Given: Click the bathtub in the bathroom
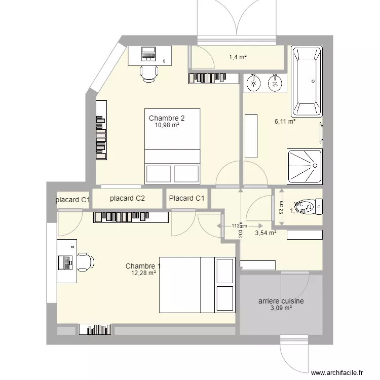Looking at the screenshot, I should pyautogui.click(x=306, y=81).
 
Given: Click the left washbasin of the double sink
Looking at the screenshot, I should pyautogui.click(x=253, y=83).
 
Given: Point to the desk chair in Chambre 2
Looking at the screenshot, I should pyautogui.click(x=148, y=73).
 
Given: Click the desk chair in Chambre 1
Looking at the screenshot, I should pyautogui.click(x=84, y=262).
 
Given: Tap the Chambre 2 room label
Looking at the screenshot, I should pyautogui.click(x=163, y=118).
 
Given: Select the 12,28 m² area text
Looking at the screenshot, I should pyautogui.click(x=143, y=273).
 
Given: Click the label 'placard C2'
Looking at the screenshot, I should pyautogui.click(x=127, y=199).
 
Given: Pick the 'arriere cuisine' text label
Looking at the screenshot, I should pyautogui.click(x=281, y=300).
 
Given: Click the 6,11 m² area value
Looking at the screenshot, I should pyautogui.click(x=285, y=121).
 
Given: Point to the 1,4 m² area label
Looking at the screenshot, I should pyautogui.click(x=238, y=57).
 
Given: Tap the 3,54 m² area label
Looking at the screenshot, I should pyautogui.click(x=265, y=233).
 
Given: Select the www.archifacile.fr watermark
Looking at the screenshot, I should pyautogui.click(x=337, y=372).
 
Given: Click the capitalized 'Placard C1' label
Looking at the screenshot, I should pyautogui.click(x=187, y=199).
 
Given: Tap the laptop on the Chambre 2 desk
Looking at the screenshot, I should pyautogui.click(x=148, y=53).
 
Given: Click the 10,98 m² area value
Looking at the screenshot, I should pyautogui.click(x=167, y=125).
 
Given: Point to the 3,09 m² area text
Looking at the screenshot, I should pyautogui.click(x=281, y=308).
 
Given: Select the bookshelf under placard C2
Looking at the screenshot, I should pyautogui.click(x=131, y=217).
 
